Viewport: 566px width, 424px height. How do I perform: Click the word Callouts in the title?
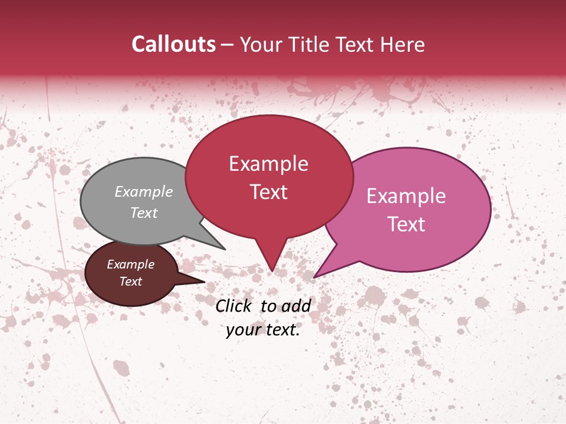tap(173, 44)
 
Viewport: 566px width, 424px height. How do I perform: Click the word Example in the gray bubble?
tap(144, 191)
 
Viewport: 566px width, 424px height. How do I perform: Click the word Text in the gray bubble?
tap(144, 213)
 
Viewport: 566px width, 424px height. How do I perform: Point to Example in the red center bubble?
tap(268, 164)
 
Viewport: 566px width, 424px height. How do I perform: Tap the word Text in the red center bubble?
tap(268, 192)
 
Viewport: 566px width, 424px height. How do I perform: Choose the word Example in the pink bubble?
tap(406, 196)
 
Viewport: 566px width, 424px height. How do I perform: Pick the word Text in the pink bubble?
tap(406, 224)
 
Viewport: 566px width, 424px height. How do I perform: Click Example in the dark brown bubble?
tap(130, 264)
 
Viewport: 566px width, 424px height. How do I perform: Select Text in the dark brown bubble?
tap(130, 281)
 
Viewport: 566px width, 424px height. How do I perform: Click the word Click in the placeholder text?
tap(234, 306)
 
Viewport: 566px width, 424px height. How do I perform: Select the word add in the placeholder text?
tap(295, 306)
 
